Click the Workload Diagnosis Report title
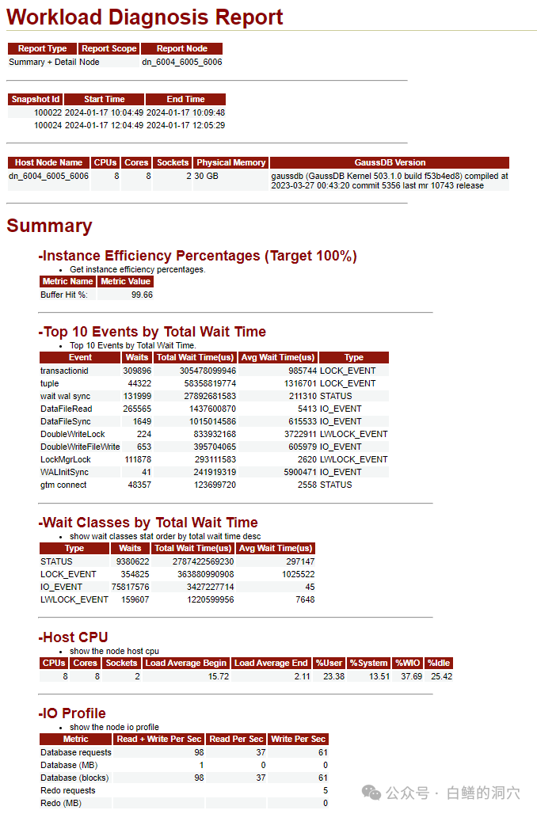click(x=145, y=17)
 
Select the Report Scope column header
click(x=109, y=48)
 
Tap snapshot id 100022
click(x=48, y=112)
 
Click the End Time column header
click(x=185, y=99)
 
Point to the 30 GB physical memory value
click(x=206, y=176)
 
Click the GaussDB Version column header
click(x=390, y=162)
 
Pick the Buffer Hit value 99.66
click(x=142, y=295)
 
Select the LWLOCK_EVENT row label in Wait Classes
click(x=74, y=599)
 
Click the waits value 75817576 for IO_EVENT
click(x=128, y=587)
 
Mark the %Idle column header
click(x=439, y=663)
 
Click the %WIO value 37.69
click(x=407, y=676)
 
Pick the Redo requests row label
click(x=68, y=790)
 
